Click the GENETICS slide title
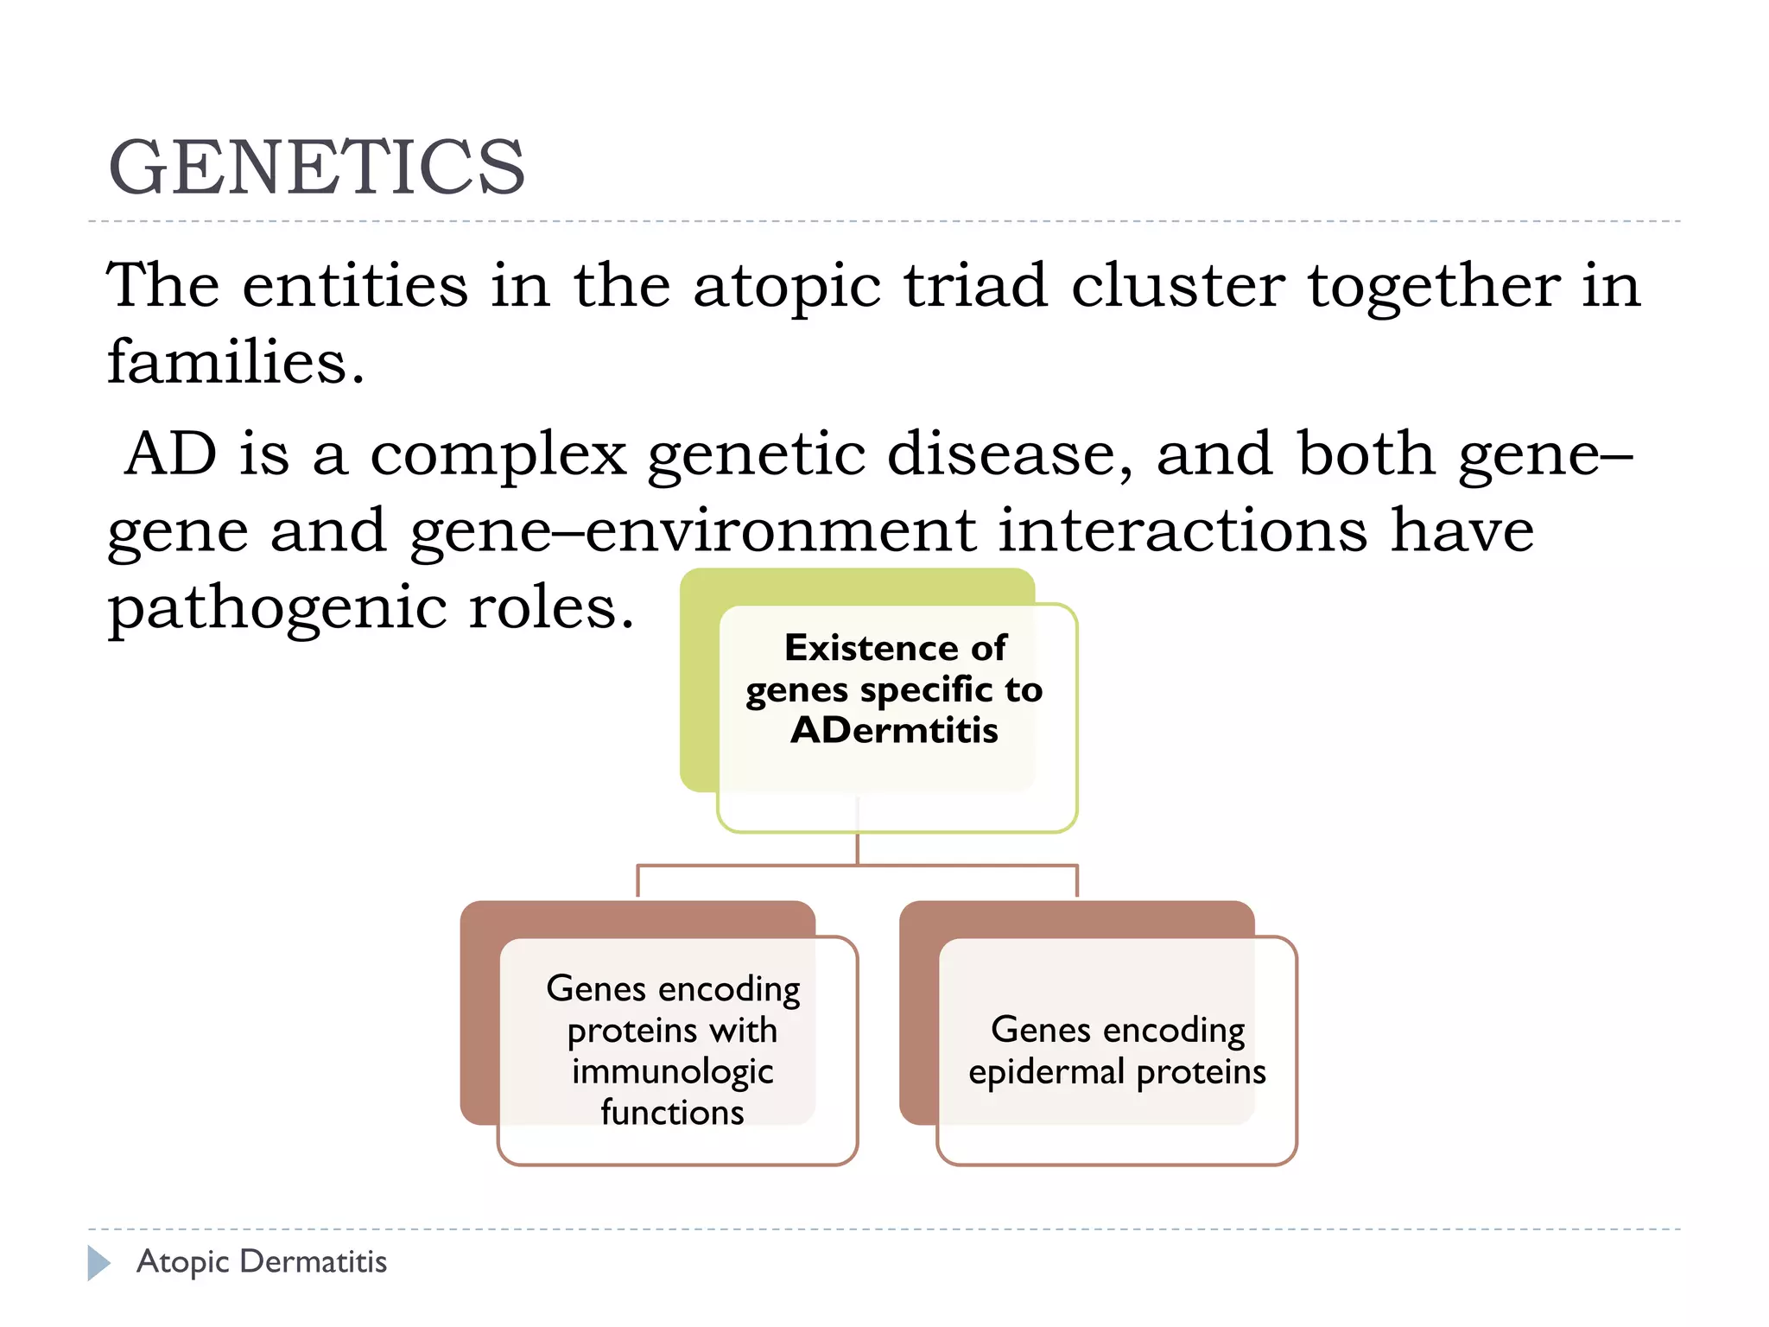coord(316,168)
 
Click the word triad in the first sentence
coord(974,286)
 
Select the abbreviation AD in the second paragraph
coord(170,454)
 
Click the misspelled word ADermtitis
coord(894,731)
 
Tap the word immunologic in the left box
coord(672,1071)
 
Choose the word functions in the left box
coord(672,1113)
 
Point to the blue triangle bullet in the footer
coord(98,1263)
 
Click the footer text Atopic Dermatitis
coord(262,1262)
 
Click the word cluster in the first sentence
coord(1177,286)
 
